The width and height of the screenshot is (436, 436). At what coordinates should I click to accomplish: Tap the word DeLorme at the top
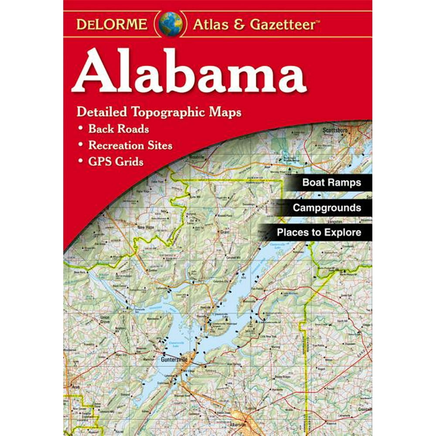coord(112,24)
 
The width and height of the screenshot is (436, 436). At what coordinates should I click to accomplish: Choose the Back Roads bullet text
coord(119,129)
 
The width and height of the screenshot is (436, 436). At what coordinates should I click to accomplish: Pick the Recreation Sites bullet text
coord(130,145)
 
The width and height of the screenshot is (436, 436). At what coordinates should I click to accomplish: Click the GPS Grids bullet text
coord(116,162)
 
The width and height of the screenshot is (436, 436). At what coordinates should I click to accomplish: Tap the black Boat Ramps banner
coord(332,182)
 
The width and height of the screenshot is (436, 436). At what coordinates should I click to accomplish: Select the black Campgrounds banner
coord(327,208)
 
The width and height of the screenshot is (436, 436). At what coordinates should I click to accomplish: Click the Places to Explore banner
coord(319,232)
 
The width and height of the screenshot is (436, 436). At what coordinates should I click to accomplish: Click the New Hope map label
coord(146,227)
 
